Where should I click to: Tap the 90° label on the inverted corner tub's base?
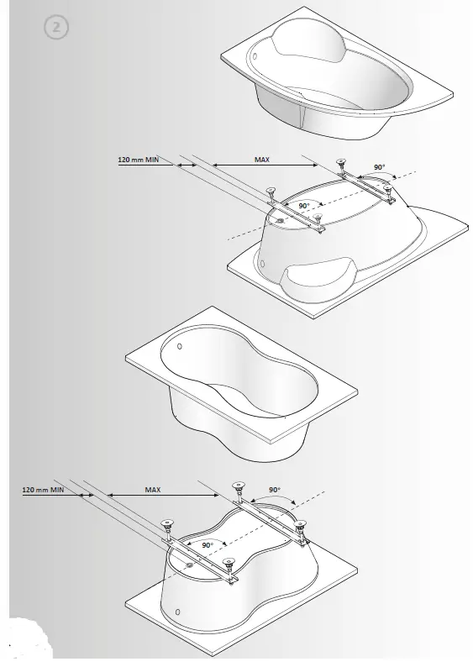pyautogui.click(x=303, y=205)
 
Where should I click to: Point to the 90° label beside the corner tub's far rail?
pyautogui.click(x=379, y=167)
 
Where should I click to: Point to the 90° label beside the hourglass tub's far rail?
pyautogui.click(x=275, y=489)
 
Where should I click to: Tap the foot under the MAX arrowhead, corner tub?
pyautogui.click(x=340, y=163)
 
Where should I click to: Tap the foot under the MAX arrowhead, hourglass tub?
pyautogui.click(x=238, y=486)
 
